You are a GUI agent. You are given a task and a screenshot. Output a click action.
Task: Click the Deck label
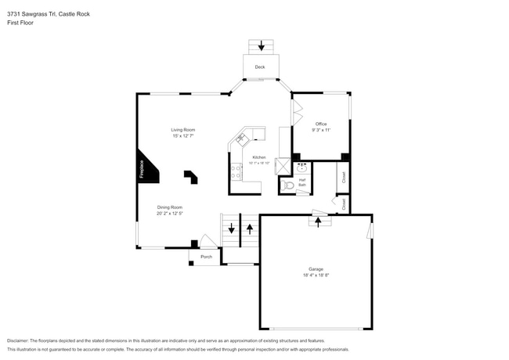(260, 67)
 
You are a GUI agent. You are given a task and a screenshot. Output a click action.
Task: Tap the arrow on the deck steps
(262, 46)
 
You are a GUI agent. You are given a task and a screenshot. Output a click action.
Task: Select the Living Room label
(183, 129)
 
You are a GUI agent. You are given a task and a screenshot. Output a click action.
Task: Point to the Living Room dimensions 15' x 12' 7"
(183, 136)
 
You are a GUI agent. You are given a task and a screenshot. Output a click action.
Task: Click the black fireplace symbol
(149, 167)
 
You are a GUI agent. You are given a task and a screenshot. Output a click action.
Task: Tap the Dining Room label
(170, 207)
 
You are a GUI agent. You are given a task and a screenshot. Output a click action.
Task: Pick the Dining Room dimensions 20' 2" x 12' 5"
(170, 214)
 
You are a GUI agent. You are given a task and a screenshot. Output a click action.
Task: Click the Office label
(320, 124)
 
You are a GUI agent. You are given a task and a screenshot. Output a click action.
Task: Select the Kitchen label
(259, 157)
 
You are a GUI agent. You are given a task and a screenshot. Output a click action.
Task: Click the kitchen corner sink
(241, 139)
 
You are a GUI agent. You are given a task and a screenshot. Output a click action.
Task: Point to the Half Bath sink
(302, 167)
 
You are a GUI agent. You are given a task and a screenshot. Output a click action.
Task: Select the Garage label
(315, 268)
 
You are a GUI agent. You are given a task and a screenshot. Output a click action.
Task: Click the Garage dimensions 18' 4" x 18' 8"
(315, 275)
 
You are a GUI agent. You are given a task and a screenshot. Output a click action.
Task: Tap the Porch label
(206, 257)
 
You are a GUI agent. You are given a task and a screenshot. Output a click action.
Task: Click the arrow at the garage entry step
(318, 221)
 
